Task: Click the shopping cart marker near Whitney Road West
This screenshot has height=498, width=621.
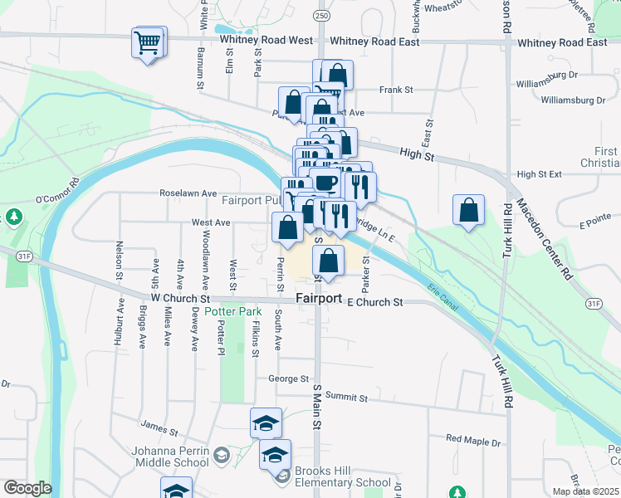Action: click(x=149, y=41)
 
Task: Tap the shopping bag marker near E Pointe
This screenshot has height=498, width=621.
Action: click(x=468, y=209)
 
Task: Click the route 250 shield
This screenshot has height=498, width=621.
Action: click(x=321, y=16)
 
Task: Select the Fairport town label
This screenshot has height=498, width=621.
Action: click(x=319, y=298)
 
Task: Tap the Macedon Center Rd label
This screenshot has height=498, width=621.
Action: click(x=544, y=237)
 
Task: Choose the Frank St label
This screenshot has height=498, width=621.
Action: click(x=396, y=90)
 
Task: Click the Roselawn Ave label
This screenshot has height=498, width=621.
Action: click(x=188, y=193)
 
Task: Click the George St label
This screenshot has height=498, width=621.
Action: click(x=288, y=378)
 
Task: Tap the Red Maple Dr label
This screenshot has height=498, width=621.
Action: click(x=473, y=439)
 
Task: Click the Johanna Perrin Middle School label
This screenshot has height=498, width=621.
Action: click(x=158, y=457)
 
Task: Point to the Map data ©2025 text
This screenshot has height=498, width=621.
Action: click(x=586, y=491)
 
